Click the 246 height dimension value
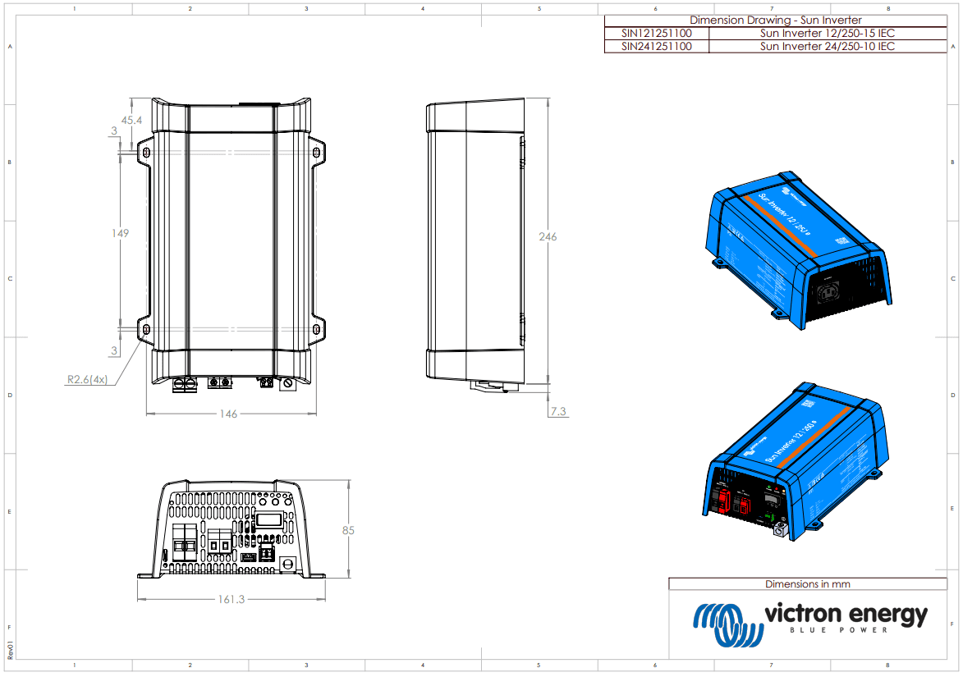[x=547, y=237]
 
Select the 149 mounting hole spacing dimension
[x=120, y=233]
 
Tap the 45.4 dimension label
[x=131, y=121]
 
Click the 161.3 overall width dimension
[x=231, y=599]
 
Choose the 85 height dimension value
[x=348, y=531]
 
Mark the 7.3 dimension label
[x=558, y=412]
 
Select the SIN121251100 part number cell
[x=656, y=34]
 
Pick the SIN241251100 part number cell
[x=656, y=47]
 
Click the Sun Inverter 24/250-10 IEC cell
[x=827, y=47]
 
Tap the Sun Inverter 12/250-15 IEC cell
[x=827, y=34]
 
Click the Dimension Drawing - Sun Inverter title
[x=775, y=21]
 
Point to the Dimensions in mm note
[x=807, y=584]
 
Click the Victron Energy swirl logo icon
[x=727, y=624]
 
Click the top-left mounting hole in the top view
[x=146, y=153]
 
